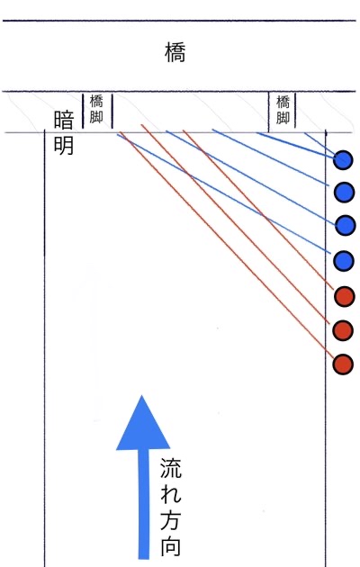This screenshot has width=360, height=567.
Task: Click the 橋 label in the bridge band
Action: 175,52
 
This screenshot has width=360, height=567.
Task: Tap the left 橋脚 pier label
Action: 96,110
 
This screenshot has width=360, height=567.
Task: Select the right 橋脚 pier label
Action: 283,110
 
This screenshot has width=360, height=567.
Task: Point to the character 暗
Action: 64,120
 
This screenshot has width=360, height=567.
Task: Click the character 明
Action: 64,146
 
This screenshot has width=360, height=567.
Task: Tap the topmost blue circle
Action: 343,160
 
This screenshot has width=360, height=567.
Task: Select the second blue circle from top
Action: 344,192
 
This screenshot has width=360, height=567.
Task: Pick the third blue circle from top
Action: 346,225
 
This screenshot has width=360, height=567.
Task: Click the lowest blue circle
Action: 344,261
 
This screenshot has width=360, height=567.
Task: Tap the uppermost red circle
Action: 344,296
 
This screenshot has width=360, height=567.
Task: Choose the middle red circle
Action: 343,330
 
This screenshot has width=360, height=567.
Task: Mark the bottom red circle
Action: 343,364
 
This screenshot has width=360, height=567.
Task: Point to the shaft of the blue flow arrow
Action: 143,504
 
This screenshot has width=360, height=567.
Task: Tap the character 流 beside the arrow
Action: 171,468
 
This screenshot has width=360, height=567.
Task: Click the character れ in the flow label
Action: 171,493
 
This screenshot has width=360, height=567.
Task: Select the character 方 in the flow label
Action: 171,519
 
